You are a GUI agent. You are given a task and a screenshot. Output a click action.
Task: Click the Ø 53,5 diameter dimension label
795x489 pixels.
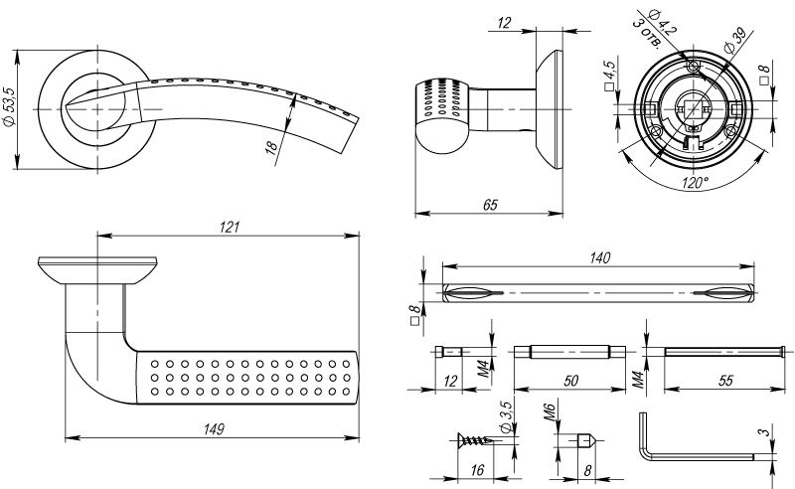tap(10, 107)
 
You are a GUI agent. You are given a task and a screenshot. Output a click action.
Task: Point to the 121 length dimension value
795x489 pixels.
tap(230, 227)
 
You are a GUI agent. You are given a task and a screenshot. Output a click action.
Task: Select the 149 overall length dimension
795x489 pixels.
tap(214, 429)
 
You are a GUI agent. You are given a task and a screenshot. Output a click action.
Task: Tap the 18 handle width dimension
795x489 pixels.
tap(271, 146)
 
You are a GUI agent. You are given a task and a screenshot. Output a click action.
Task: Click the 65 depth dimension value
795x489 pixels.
tap(490, 205)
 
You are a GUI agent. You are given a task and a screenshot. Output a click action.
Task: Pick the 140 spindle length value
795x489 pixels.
tap(599, 257)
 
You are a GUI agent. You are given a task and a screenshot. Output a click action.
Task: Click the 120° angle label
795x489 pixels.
tap(695, 183)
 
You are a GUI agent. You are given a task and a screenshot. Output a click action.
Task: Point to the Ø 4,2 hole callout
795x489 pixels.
tap(663, 22)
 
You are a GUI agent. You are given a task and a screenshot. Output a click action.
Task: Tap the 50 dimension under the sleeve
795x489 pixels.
tap(570, 381)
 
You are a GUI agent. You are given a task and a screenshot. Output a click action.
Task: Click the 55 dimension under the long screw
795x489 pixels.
tap(725, 381)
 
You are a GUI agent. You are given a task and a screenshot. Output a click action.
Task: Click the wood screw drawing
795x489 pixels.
tap(475, 439)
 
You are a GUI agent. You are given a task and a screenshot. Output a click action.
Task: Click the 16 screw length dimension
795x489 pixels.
tap(477, 470)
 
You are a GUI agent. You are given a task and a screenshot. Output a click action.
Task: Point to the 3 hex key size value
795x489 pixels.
tap(764, 432)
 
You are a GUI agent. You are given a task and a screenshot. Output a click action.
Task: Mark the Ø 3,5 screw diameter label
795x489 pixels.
tap(506, 417)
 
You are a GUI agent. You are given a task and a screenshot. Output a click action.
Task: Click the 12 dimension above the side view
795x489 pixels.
tap(504, 23)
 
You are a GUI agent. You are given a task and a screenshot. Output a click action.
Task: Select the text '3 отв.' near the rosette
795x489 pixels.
tap(647, 34)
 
